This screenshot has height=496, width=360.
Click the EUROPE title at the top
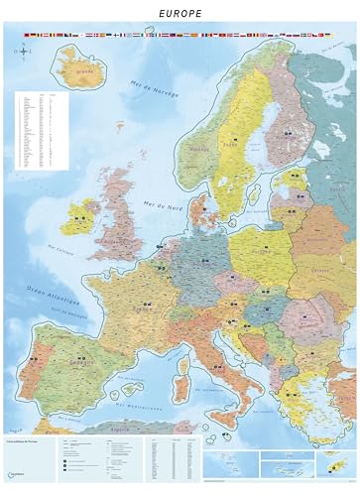[x=180, y=14]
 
